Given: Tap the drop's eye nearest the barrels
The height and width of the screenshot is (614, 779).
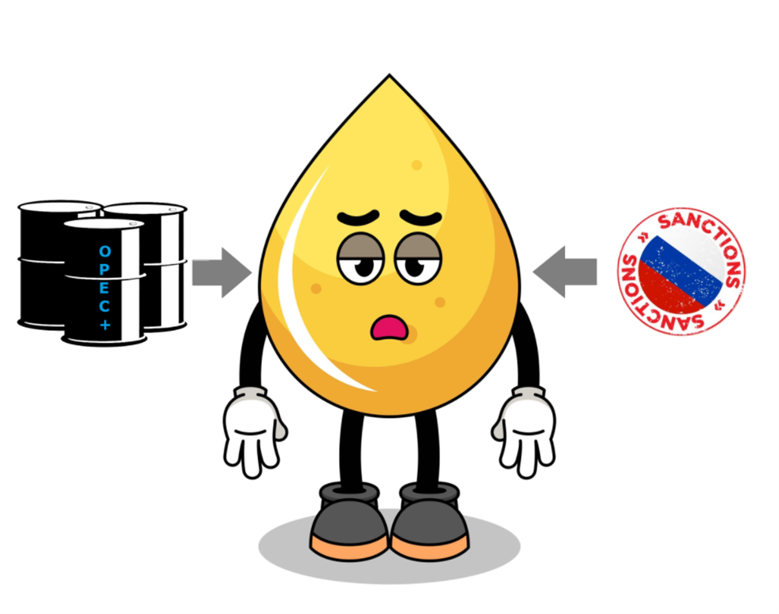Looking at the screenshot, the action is pos(361,264).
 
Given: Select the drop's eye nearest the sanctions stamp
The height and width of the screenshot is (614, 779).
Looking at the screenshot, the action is pos(418,264).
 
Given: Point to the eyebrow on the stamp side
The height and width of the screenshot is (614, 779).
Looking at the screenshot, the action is pos(420,217).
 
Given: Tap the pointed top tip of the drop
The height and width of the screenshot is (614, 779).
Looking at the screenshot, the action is pos(389,77).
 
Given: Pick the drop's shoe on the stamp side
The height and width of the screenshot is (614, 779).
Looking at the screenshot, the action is pos(429,521).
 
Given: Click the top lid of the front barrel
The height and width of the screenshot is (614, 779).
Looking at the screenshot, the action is pos(103,224).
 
